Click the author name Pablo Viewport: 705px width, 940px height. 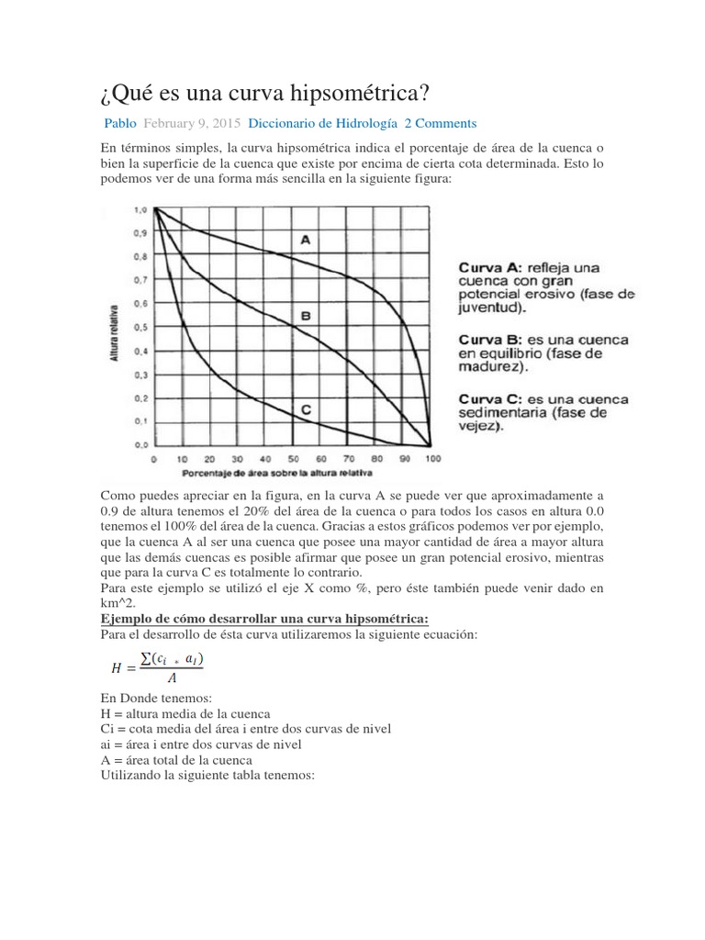pos(119,123)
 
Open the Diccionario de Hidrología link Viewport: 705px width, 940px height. pos(323,123)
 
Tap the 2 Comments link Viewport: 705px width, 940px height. pos(441,123)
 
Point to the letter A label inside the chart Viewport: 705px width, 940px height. pos(306,240)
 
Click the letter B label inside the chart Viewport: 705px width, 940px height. pos(306,316)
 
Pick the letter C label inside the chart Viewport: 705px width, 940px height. pos(306,412)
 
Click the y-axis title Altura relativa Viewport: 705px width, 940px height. pos(116,329)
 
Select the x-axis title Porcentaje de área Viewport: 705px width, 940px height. pos(270,473)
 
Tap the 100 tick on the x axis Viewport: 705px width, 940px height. pos(433,458)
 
